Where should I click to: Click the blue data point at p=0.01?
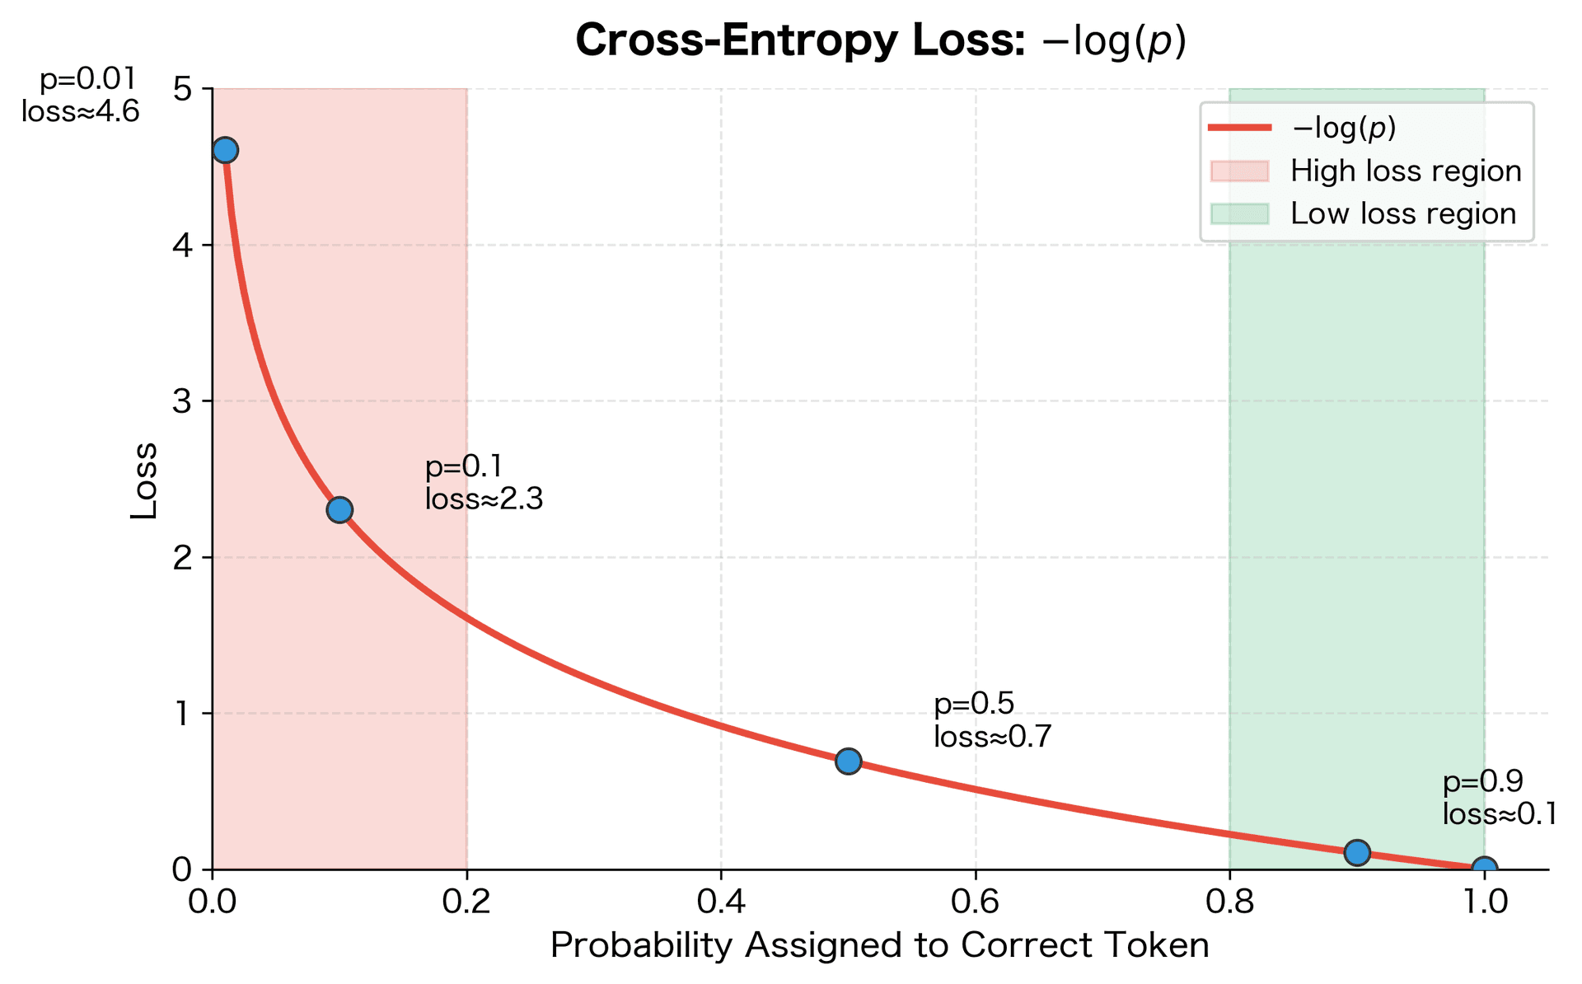point(225,150)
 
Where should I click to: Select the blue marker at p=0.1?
point(339,510)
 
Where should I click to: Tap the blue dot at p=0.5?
point(848,761)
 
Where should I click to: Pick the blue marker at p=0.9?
point(1356,852)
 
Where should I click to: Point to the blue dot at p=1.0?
point(1484,869)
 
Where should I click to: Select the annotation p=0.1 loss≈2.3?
point(484,483)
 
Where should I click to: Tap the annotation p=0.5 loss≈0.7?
point(992,720)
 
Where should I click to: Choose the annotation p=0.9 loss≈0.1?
point(1499,798)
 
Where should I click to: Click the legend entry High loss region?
point(1405,171)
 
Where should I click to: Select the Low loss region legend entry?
point(1402,213)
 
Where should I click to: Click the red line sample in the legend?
point(1240,128)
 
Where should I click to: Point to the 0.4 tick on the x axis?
point(721,901)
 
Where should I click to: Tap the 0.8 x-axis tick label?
point(1229,901)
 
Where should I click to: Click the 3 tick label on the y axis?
point(182,401)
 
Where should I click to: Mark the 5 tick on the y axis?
point(182,89)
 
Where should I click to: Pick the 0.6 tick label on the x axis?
point(975,901)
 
